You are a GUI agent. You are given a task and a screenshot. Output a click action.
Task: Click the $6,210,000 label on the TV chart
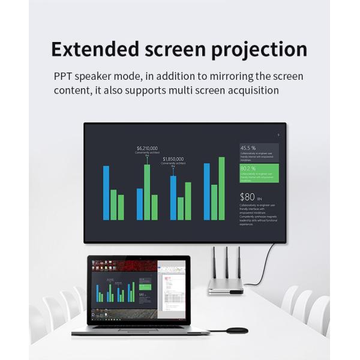pyautogui.click(x=147, y=148)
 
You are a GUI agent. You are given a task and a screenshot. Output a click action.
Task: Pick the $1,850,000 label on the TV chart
pyautogui.click(x=173, y=159)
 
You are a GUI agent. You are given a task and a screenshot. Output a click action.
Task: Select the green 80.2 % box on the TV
pyautogui.click(x=259, y=173)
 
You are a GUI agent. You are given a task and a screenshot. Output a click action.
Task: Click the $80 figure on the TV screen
pyautogui.click(x=247, y=196)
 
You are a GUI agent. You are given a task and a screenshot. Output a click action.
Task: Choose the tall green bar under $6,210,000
pyautogui.click(x=147, y=192)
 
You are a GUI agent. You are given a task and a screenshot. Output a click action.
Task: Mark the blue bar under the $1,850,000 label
pyautogui.click(x=173, y=197)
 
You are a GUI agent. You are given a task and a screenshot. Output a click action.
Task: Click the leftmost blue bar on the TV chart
pyautogui.click(x=106, y=193)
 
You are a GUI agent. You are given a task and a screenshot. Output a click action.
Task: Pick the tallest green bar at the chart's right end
pyautogui.click(x=221, y=188)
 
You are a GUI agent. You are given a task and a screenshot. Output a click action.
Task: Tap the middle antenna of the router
pyautogui.click(x=226, y=262)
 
